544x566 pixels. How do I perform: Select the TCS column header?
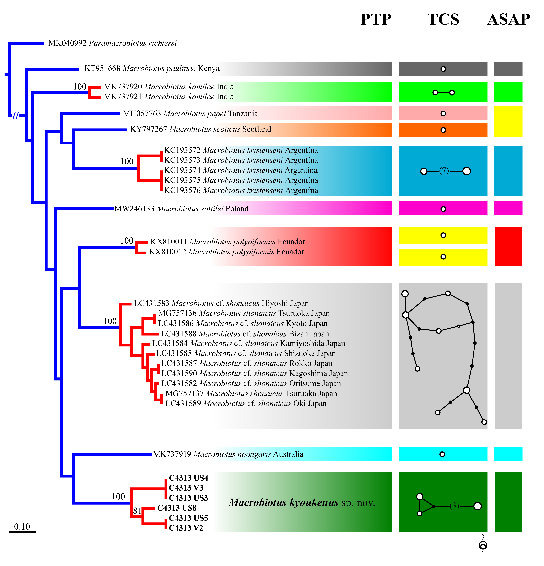click(443, 20)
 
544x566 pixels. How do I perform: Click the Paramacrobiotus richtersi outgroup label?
click(112, 43)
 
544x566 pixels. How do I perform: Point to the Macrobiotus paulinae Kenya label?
click(152, 68)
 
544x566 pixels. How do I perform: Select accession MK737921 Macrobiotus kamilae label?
click(169, 97)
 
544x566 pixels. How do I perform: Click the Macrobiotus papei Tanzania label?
click(190, 114)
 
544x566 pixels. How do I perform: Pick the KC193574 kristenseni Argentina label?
click(241, 170)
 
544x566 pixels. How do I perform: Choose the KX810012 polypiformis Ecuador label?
click(226, 252)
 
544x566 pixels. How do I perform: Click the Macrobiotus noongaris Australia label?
click(228, 454)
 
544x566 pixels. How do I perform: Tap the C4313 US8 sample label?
click(177, 508)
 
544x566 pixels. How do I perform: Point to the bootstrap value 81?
click(137, 511)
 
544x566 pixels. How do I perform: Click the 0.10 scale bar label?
click(22, 527)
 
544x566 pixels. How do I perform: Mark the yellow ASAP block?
click(508, 122)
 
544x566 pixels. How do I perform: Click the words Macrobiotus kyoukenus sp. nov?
click(302, 503)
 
